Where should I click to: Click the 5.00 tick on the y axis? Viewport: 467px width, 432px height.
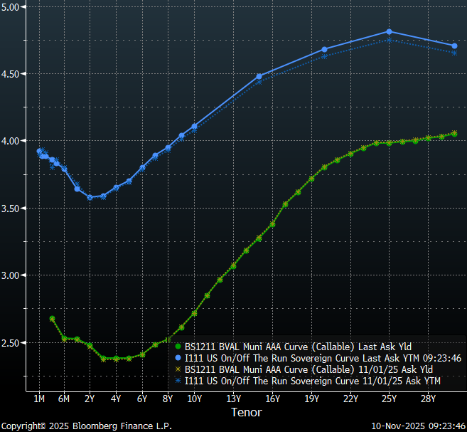(14, 6)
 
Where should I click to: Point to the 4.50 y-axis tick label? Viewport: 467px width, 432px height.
(14, 74)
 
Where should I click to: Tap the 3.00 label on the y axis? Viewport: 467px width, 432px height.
(14, 275)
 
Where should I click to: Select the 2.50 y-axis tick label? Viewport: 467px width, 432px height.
(14, 343)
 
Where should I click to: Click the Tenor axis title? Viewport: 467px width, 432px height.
(246, 412)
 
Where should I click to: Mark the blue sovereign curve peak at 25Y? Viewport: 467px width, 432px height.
(389, 31)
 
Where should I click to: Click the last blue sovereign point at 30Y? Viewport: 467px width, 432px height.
(454, 46)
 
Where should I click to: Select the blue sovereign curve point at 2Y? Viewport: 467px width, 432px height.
(90, 197)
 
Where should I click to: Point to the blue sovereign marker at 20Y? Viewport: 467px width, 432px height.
(324, 50)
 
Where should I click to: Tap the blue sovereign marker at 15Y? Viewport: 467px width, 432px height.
(259, 76)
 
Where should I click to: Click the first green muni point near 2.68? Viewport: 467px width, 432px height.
(53, 318)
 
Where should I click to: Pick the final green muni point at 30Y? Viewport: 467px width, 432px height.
(454, 133)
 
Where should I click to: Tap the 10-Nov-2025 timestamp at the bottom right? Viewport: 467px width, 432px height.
(418, 426)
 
